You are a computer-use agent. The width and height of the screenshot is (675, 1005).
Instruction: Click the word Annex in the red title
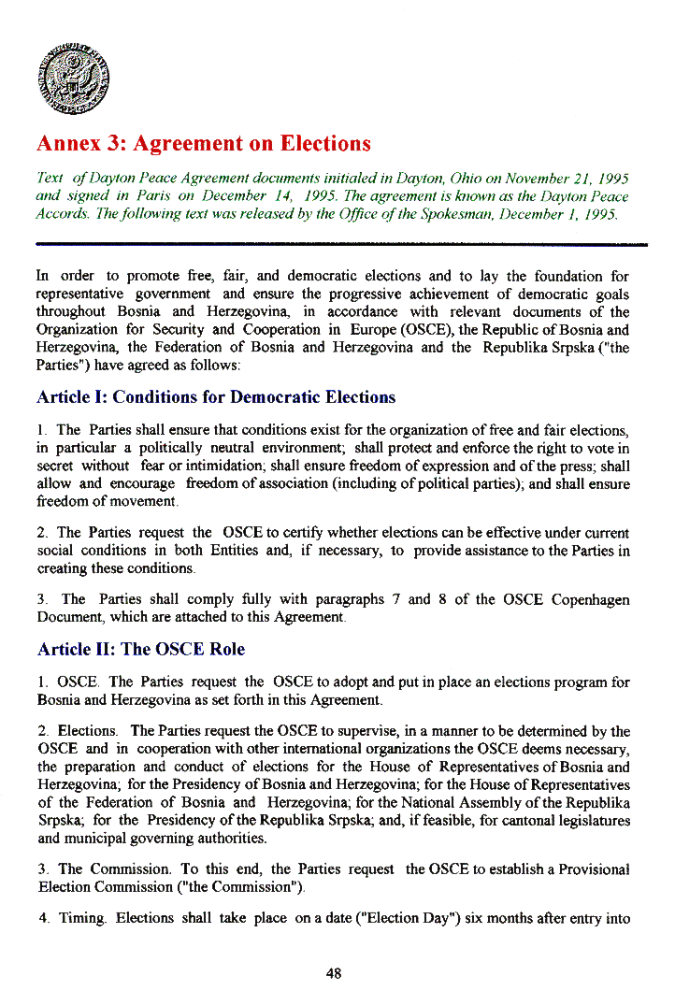coord(67,144)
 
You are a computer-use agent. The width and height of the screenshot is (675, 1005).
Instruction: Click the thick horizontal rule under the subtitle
coord(341,243)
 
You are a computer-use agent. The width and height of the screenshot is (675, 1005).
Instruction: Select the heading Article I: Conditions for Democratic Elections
coord(215,397)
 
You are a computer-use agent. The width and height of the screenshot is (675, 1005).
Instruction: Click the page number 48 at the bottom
coord(334,973)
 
